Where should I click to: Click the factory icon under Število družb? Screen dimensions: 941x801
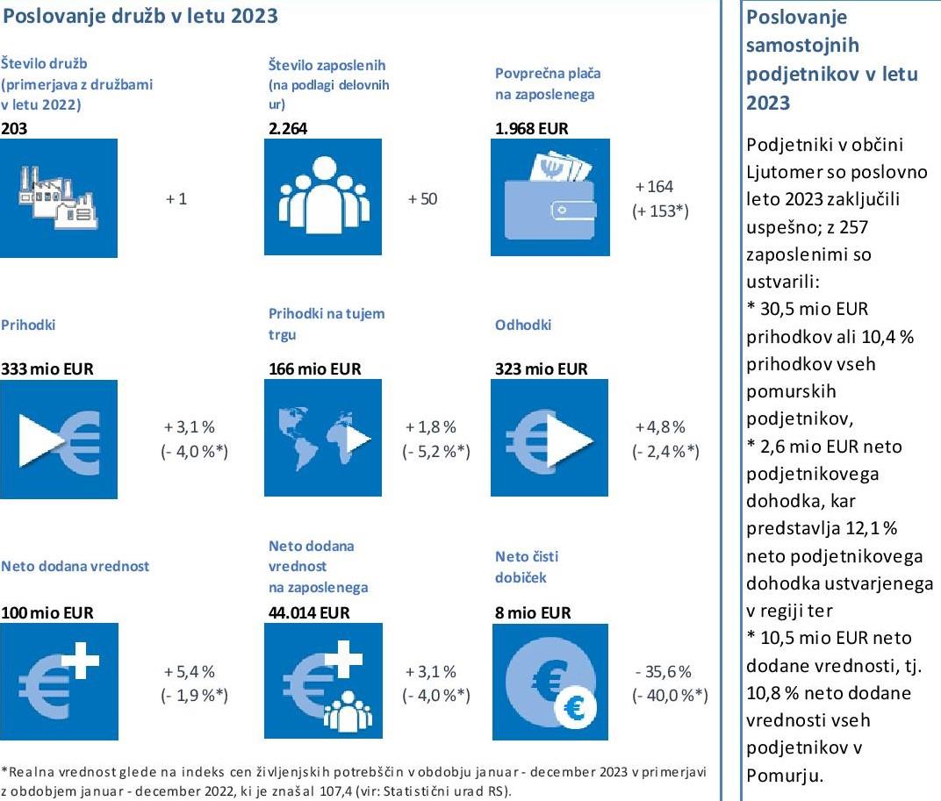[58, 198]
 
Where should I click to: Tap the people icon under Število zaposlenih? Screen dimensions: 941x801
[323, 197]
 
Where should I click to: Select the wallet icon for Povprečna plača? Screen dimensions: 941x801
[550, 197]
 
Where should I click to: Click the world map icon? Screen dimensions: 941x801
[323, 438]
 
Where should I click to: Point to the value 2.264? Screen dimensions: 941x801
[287, 128]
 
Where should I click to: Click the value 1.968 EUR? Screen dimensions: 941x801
[531, 128]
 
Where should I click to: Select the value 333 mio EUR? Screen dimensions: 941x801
[47, 368]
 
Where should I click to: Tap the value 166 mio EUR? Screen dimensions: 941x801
[315, 368]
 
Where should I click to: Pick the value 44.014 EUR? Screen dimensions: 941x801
[309, 612]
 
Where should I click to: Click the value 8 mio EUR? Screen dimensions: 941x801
[533, 612]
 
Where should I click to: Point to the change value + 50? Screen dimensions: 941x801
[422, 198]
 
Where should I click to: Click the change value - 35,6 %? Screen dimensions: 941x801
[663, 671]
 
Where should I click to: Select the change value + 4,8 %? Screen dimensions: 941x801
[660, 427]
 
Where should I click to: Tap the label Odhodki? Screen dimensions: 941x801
[522, 325]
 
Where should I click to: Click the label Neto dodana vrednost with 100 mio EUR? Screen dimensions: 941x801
[75, 566]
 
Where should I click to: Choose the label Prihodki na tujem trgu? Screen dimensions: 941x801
[327, 324]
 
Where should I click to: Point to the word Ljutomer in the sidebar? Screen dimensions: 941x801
[780, 172]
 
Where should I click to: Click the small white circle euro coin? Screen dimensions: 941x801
[576, 708]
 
